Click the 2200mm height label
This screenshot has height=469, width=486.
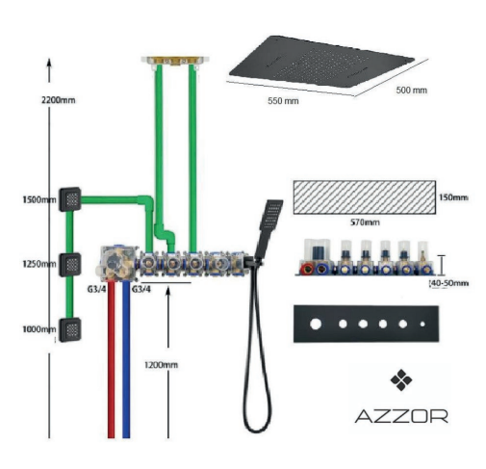point(59,100)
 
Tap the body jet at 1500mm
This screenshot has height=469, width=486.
point(69,199)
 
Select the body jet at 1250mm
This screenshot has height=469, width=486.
point(69,265)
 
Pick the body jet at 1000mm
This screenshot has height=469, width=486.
point(69,329)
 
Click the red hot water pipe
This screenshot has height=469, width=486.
point(111,359)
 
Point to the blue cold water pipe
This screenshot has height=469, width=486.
point(126,359)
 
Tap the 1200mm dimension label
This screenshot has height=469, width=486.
point(161,365)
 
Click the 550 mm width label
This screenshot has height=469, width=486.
point(283,101)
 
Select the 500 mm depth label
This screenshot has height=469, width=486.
point(411,91)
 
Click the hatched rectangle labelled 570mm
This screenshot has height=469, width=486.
point(365,197)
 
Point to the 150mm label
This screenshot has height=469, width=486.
point(453,197)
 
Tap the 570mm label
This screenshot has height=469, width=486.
point(365,222)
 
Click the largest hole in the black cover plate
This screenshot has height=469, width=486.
point(316,324)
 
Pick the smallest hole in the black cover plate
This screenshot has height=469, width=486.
point(422,325)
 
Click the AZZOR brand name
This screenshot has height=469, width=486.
point(401,416)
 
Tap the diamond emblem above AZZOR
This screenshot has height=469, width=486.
point(401,380)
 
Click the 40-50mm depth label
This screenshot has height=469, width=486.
point(448,283)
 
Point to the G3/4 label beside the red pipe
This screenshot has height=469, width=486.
point(96,289)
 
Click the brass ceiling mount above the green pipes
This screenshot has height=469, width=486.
point(175,61)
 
